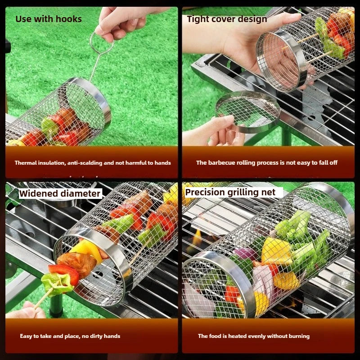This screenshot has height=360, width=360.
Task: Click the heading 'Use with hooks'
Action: click(49, 19)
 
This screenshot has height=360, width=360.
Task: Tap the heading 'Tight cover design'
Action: click(227, 19)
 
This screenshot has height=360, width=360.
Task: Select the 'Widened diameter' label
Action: click(60, 193)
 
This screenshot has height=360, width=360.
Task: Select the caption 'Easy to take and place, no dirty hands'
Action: click(70, 336)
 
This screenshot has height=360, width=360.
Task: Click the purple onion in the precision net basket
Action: click(245, 253)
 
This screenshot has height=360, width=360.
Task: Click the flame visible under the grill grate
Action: click(197, 238)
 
